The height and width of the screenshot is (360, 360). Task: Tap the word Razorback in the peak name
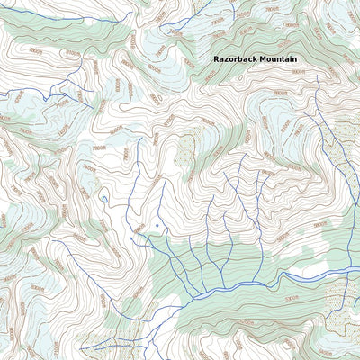click(237, 58)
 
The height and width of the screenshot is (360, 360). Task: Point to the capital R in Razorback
click(216, 58)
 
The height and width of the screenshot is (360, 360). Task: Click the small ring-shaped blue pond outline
click(104, 198)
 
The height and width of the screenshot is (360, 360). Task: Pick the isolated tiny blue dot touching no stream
click(157, 225)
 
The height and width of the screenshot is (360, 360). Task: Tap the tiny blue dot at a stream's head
click(132, 239)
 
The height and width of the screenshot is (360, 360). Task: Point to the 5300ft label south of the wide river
click(292, 297)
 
